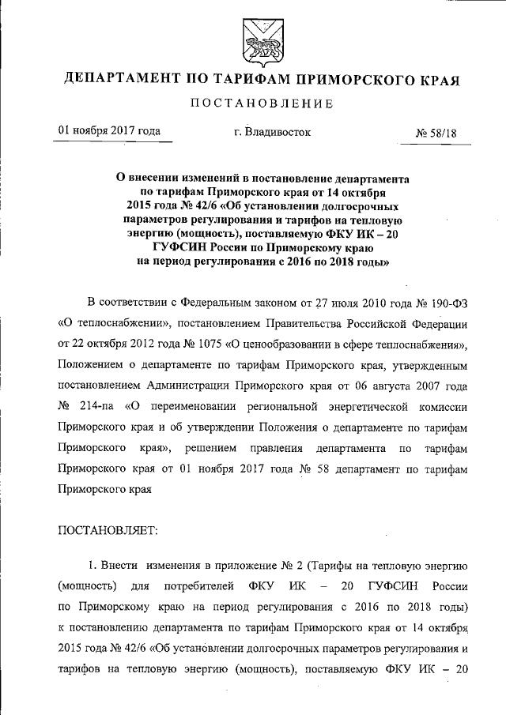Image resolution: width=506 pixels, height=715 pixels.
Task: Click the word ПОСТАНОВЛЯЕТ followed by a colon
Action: pyautogui.click(x=108, y=530)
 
